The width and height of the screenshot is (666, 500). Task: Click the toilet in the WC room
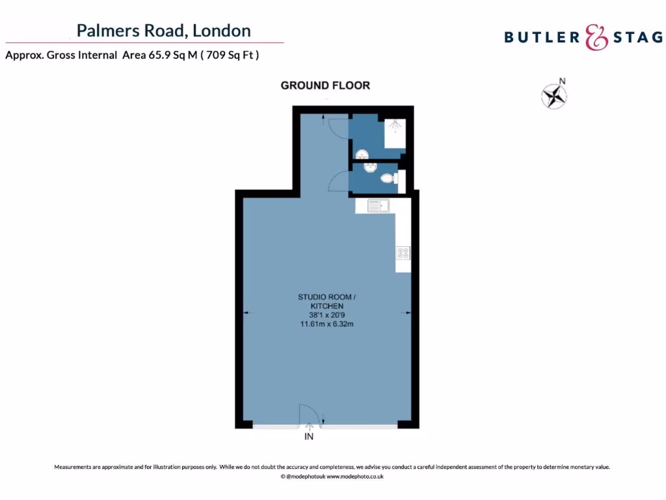point(388,178)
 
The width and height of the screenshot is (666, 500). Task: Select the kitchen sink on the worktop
point(378,206)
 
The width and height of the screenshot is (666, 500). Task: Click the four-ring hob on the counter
point(403,253)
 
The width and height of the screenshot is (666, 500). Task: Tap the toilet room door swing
point(340,182)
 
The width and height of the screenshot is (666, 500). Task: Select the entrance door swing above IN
point(308,414)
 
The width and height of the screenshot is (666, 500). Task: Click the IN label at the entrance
point(309,437)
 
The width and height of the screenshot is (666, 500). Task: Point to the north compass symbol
point(555,95)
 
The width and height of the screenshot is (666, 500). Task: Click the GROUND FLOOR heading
point(325,85)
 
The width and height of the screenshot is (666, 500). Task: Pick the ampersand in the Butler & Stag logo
point(596,37)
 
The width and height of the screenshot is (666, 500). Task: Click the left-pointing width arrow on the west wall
point(246,313)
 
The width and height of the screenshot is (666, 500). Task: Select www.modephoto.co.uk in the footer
point(354,477)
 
